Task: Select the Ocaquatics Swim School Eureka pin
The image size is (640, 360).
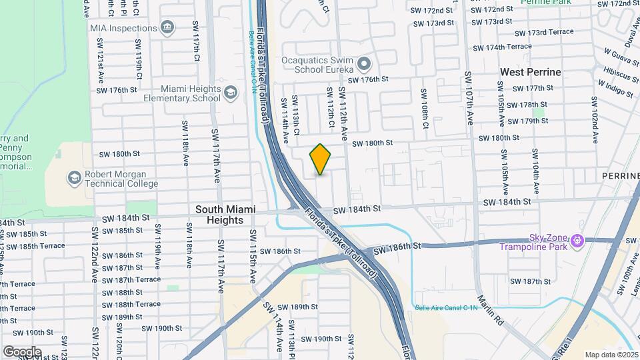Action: click(363, 65)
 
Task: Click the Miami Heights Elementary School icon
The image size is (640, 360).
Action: click(231, 93)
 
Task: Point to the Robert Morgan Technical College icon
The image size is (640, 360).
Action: click(74, 178)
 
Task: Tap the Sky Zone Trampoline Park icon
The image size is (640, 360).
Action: click(577, 240)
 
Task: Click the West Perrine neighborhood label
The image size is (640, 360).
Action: click(531, 72)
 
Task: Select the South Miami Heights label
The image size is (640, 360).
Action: click(225, 215)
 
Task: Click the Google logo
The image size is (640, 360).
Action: click(22, 351)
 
